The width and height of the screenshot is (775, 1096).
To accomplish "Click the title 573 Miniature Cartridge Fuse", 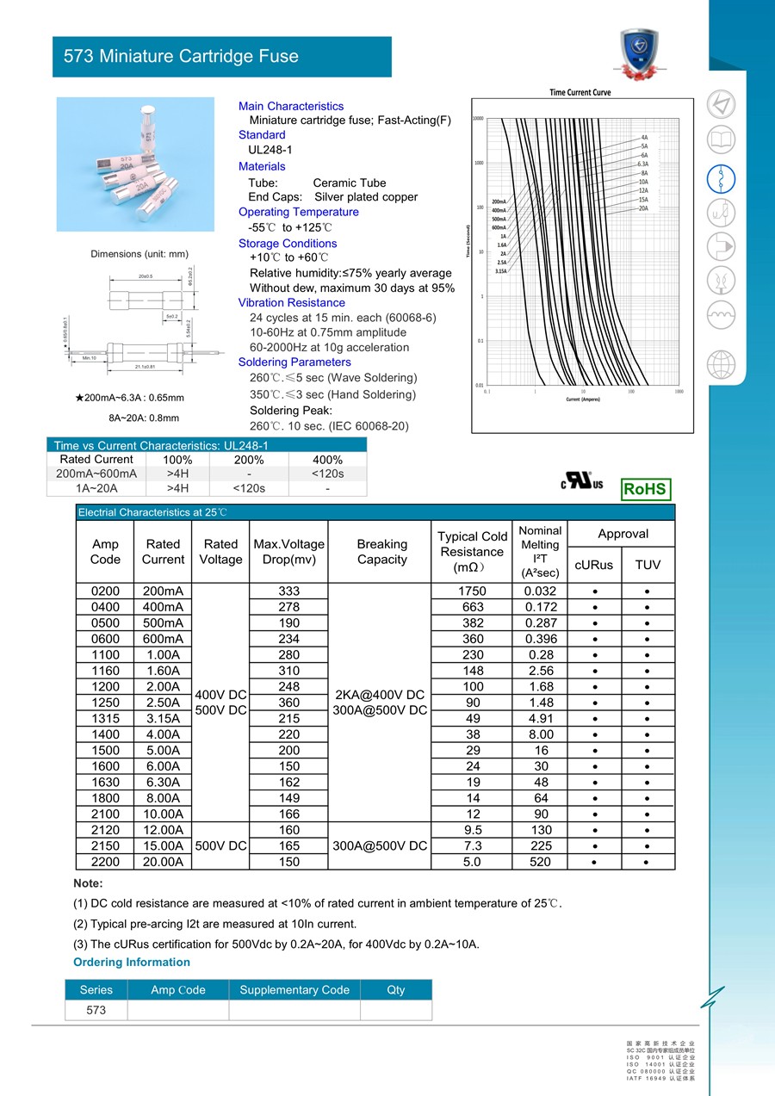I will pyautogui.click(x=181, y=57).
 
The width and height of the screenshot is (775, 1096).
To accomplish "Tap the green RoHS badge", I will pyautogui.click(x=645, y=489).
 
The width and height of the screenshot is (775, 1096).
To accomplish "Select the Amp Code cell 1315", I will pyautogui.click(x=105, y=718).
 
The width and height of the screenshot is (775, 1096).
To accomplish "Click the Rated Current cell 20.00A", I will pyautogui.click(x=163, y=862).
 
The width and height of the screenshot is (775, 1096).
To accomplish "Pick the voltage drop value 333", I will pyautogui.click(x=289, y=591).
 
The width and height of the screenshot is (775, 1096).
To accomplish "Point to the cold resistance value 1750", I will pyautogui.click(x=472, y=591).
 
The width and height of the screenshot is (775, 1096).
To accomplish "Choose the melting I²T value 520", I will pyautogui.click(x=540, y=862).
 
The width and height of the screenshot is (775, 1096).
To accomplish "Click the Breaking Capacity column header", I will pyautogui.click(x=381, y=552).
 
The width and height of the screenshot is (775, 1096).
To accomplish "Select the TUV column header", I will pyautogui.click(x=648, y=565).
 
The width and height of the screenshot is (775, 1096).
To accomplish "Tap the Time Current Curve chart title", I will pyautogui.click(x=580, y=92).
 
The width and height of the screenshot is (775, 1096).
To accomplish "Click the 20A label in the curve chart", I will pyautogui.click(x=643, y=208).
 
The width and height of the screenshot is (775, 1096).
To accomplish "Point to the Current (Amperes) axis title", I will pyautogui.click(x=582, y=399).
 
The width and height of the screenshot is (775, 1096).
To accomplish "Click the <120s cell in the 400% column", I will pyautogui.click(x=327, y=474).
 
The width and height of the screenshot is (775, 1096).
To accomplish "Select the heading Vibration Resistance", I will pyautogui.click(x=292, y=302).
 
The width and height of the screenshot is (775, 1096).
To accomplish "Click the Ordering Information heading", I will pyautogui.click(x=132, y=962).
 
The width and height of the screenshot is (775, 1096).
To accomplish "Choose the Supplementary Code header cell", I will pyautogui.click(x=294, y=990).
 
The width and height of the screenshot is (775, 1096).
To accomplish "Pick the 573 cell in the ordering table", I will pyautogui.click(x=96, y=1010).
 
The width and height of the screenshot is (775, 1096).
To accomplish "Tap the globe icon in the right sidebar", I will pyautogui.click(x=721, y=365).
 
